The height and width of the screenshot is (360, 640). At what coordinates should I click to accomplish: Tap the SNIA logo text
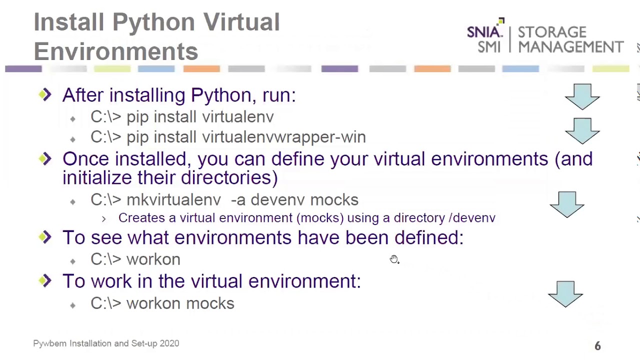point(485,31)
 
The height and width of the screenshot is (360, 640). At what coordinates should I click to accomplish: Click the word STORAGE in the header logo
point(552,32)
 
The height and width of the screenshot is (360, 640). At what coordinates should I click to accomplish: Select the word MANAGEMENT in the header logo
point(571,47)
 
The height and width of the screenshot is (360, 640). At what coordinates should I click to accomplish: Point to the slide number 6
point(597,346)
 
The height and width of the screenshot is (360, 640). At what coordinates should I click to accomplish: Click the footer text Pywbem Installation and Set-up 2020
point(106,343)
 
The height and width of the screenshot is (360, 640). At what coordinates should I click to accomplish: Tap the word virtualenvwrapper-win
point(284,137)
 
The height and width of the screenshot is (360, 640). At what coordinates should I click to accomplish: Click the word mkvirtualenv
point(173,199)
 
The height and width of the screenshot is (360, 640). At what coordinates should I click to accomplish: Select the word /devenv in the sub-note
point(472,218)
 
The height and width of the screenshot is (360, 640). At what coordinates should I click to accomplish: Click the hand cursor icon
point(394,259)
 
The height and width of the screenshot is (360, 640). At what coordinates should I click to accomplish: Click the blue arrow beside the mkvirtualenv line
point(567,204)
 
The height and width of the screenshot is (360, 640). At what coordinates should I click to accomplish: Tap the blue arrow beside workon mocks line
point(565,294)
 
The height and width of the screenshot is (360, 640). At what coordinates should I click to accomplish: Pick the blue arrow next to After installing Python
point(582,97)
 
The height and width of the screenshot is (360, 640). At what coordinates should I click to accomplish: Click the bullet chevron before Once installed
point(45,159)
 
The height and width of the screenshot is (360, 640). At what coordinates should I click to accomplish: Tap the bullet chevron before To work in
point(45,280)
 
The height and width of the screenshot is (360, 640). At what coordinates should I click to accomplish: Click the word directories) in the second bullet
point(229,177)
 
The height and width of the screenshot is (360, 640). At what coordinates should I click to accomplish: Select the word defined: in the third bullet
point(429,237)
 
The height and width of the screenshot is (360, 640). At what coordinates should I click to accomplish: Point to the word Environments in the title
point(116,51)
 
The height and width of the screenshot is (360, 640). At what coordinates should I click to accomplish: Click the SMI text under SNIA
point(489,47)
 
